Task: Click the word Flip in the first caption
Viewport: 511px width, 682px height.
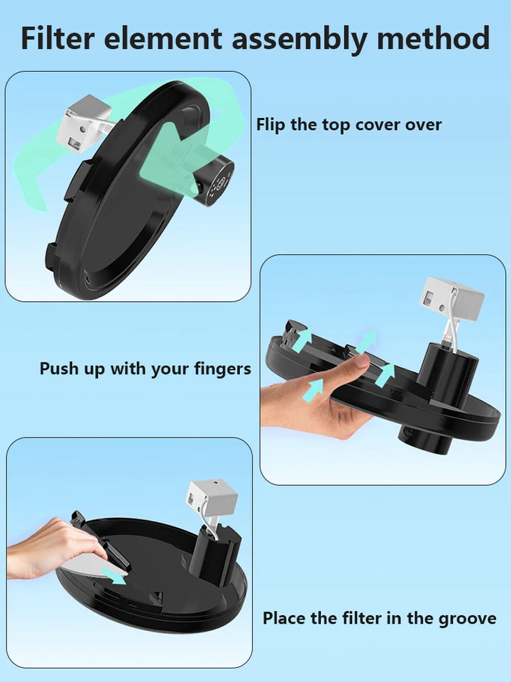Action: [x=271, y=125]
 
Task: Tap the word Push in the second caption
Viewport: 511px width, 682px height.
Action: [x=60, y=369]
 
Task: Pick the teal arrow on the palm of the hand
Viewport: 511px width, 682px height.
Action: [x=312, y=388]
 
